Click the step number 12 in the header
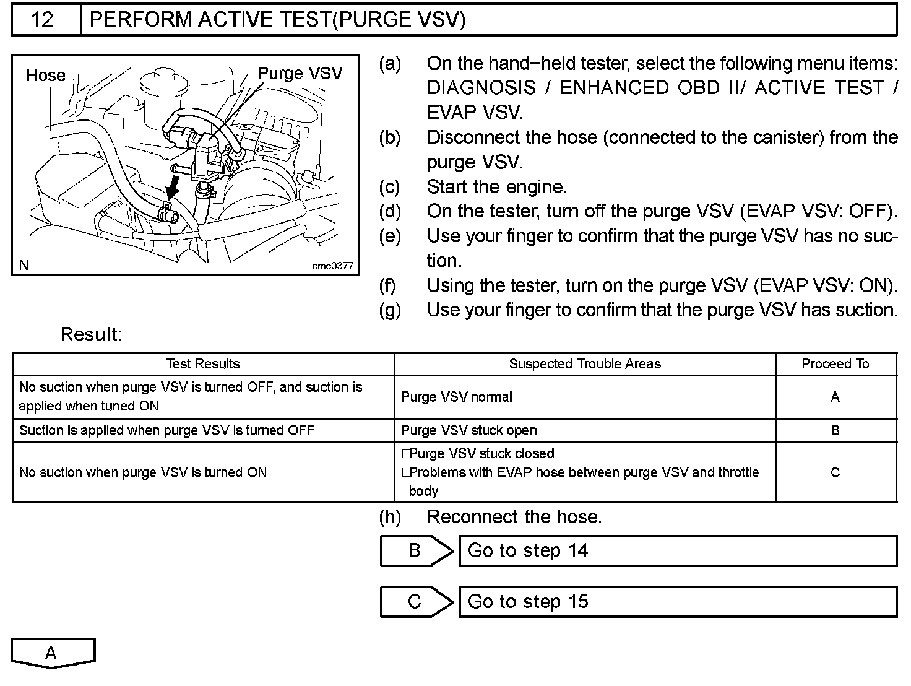click(x=43, y=20)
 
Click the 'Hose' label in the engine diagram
click(x=45, y=76)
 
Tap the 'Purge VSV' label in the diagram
click(x=300, y=74)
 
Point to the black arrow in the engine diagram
click(x=173, y=186)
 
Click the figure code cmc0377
click(x=332, y=266)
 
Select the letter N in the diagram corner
click(x=24, y=266)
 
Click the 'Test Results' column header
click(x=203, y=364)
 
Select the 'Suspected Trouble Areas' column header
click(x=585, y=364)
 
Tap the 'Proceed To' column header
click(x=835, y=364)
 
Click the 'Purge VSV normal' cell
click(x=457, y=397)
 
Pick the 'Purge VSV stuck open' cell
click(x=469, y=430)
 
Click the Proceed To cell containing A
click(x=835, y=397)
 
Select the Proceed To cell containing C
click(x=835, y=472)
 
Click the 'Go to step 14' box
click(x=678, y=550)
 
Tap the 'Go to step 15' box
click(x=678, y=601)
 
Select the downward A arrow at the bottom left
click(x=53, y=653)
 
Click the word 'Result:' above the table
click(x=92, y=335)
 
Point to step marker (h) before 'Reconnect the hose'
click(x=390, y=517)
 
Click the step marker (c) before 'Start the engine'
click(x=390, y=187)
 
